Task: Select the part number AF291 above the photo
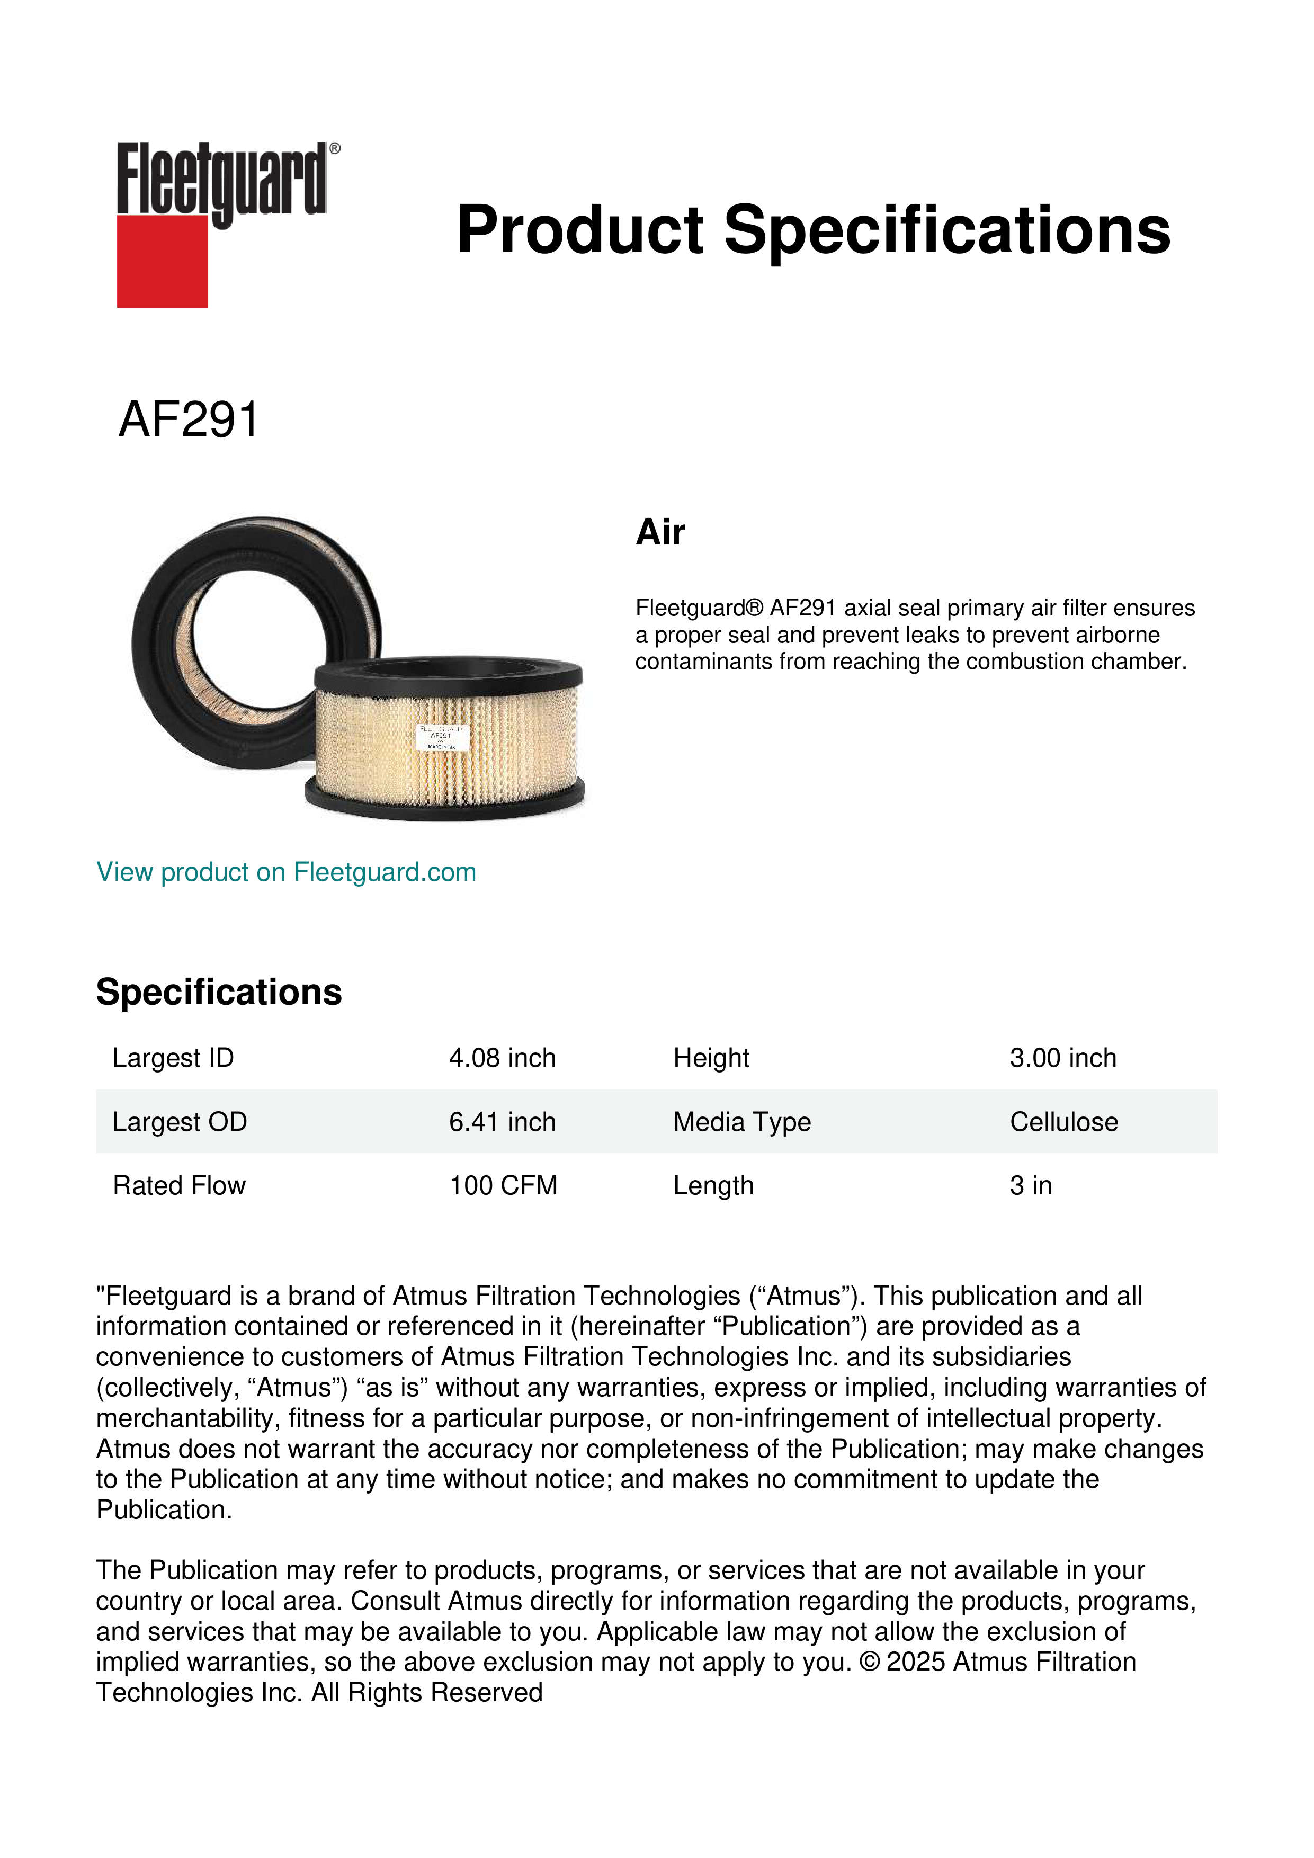[x=189, y=420]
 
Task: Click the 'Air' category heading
[x=660, y=532]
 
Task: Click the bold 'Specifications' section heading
[x=218, y=992]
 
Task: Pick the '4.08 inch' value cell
[x=503, y=1058]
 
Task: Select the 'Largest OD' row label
[x=180, y=1122]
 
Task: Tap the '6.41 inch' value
[x=503, y=1122]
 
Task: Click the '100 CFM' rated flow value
[x=503, y=1186]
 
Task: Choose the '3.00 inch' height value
[x=1063, y=1058]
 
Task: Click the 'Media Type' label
[x=742, y=1122]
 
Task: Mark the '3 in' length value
[x=1031, y=1186]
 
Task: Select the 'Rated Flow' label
[x=179, y=1186]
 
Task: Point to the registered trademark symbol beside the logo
[x=335, y=149]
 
